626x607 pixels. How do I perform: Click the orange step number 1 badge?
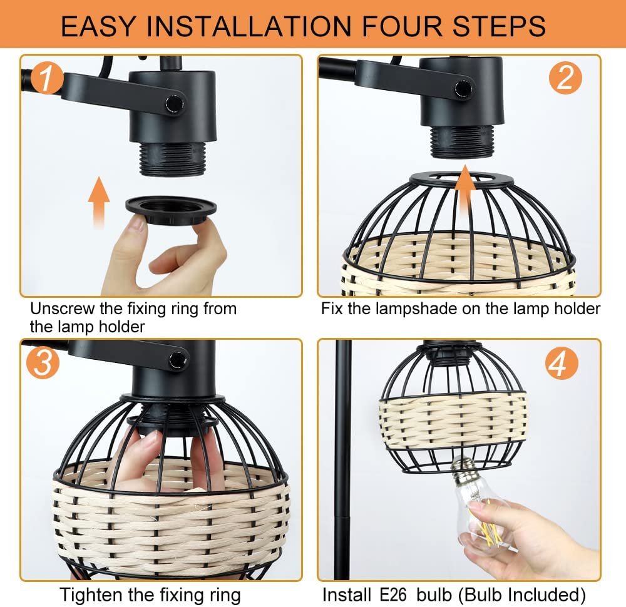(x=46, y=78)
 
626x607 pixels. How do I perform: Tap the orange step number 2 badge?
(x=565, y=78)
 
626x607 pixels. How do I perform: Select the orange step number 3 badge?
(x=43, y=362)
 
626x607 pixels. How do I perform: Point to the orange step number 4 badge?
(x=562, y=363)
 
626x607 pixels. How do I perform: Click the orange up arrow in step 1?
(x=99, y=203)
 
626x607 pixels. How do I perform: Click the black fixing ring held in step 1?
(x=171, y=210)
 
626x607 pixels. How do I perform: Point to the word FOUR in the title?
(x=402, y=26)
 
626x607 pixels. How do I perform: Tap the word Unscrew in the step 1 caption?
(x=63, y=309)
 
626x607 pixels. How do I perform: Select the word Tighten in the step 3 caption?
(x=91, y=595)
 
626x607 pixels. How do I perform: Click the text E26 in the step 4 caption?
(x=393, y=594)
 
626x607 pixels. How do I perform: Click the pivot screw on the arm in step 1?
(x=175, y=104)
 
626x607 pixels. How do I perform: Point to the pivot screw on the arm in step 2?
(x=464, y=88)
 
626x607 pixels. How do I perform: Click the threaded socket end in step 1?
(x=173, y=159)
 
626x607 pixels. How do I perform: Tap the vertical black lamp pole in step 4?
(x=342, y=459)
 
